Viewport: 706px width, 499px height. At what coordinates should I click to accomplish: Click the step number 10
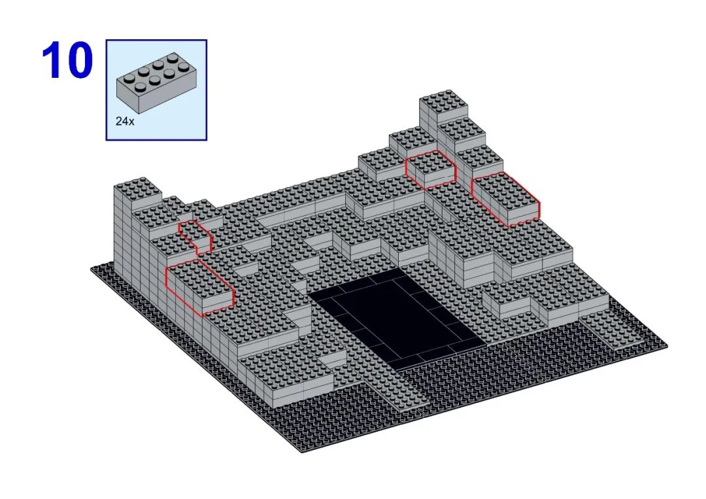coord(67,60)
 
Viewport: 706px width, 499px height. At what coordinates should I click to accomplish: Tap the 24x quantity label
coord(125,121)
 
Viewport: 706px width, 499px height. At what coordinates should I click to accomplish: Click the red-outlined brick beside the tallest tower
coord(431,169)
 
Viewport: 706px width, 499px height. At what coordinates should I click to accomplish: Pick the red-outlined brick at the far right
coord(505,199)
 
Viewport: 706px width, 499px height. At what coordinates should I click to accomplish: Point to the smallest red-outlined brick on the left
coord(195,237)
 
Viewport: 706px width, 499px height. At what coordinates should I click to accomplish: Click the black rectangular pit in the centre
coord(395,317)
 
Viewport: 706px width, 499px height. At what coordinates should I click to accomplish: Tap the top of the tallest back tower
coord(443,100)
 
